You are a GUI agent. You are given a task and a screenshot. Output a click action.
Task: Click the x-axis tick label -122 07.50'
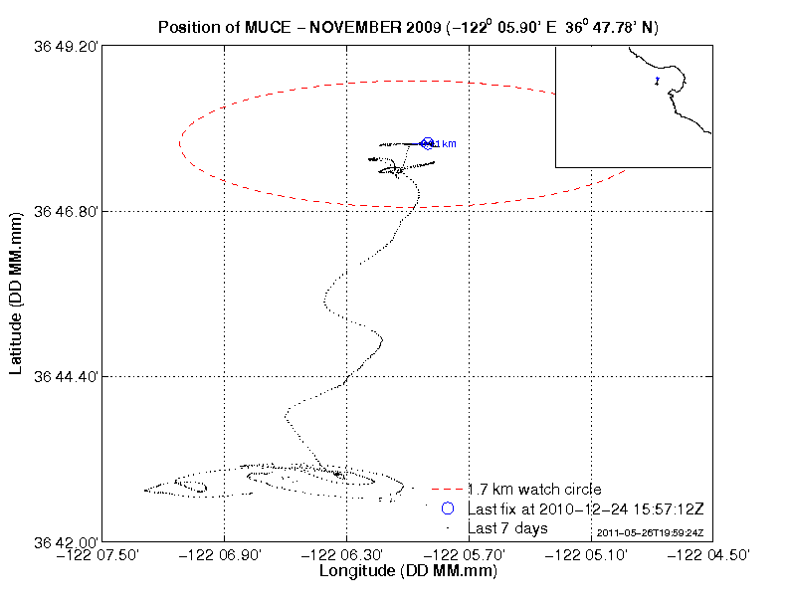(103, 555)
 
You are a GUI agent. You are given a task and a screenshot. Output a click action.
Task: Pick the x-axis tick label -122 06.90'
(225, 555)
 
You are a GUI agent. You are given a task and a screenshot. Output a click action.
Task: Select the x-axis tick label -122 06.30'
(347, 555)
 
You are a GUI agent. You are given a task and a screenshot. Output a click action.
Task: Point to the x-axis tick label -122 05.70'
(470, 555)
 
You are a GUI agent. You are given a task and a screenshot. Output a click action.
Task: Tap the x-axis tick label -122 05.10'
(592, 555)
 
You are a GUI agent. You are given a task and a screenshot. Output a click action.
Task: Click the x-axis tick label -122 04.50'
(712, 555)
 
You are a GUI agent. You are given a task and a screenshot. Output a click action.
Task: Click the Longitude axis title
(408, 572)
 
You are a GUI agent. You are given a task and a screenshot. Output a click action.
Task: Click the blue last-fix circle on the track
(428, 144)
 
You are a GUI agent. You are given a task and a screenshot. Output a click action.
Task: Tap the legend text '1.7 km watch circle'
(534, 490)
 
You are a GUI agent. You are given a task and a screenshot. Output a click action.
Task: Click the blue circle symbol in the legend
(448, 508)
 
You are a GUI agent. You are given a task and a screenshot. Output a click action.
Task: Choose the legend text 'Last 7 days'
(507, 527)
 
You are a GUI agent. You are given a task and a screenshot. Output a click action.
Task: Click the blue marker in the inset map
(657, 81)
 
